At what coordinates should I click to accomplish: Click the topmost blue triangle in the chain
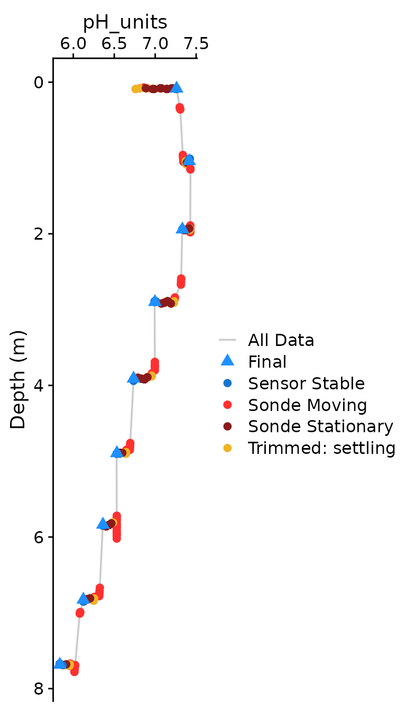[x=177, y=87]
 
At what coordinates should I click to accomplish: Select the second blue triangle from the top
[x=189, y=159]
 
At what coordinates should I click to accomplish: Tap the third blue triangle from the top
[x=182, y=228]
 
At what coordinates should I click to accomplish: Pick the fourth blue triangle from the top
[x=155, y=300]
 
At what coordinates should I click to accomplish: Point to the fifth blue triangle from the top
[x=133, y=377]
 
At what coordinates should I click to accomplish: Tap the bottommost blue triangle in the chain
[x=60, y=663]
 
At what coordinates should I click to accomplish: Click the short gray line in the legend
[x=227, y=340]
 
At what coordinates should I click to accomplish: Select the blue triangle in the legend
[x=227, y=360]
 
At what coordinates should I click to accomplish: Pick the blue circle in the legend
[x=227, y=383]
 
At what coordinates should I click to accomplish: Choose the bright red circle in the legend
[x=227, y=405]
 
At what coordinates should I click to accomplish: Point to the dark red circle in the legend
[x=227, y=426]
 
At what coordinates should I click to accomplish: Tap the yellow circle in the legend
[x=227, y=448]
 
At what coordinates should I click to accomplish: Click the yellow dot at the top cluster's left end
[x=136, y=89]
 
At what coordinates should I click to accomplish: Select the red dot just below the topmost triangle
[x=180, y=108]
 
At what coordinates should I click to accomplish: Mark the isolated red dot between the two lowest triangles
[x=80, y=613]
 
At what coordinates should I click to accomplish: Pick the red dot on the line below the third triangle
[x=181, y=281]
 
